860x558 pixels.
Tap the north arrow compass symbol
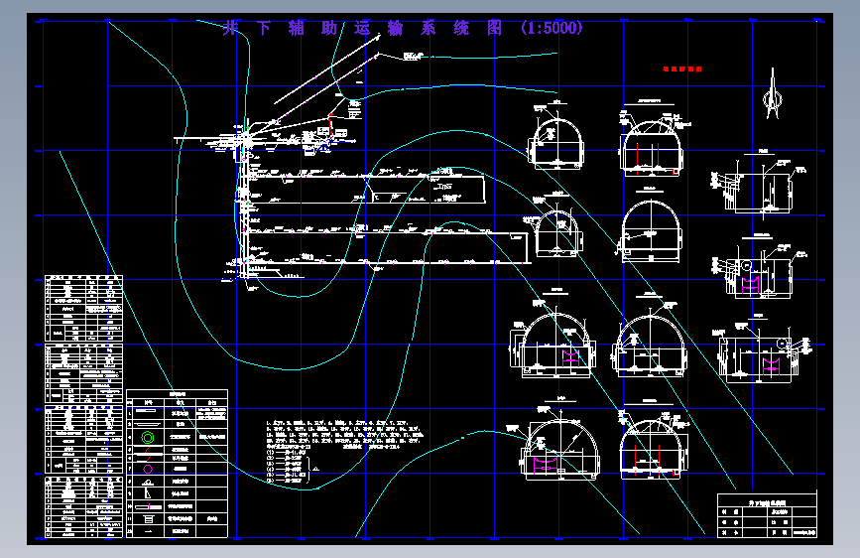pos(772,98)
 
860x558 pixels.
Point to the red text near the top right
pos(682,70)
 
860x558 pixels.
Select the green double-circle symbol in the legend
pos(149,436)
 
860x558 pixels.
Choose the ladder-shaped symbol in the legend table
pos(149,517)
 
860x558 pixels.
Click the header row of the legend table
pos(178,393)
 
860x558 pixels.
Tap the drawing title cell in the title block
pos(766,502)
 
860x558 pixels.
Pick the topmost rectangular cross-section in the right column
pos(764,185)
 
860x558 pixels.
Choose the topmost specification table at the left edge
pos(84,309)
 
